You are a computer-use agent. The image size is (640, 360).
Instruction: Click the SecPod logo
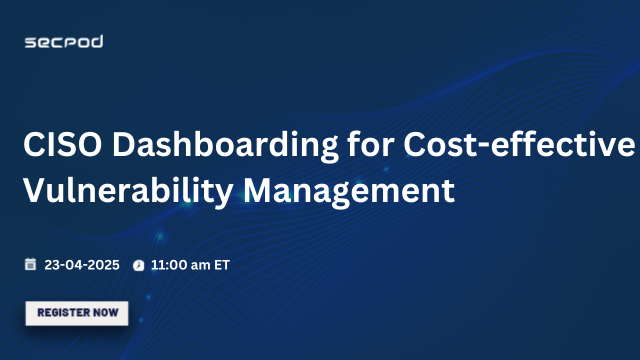click(63, 41)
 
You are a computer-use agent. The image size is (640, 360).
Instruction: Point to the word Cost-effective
click(518, 145)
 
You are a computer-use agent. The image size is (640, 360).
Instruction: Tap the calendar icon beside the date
click(31, 265)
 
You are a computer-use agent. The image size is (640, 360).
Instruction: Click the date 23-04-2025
click(82, 265)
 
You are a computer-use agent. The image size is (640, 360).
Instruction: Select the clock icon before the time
click(139, 266)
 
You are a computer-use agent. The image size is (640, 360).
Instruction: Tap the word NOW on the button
click(107, 313)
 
